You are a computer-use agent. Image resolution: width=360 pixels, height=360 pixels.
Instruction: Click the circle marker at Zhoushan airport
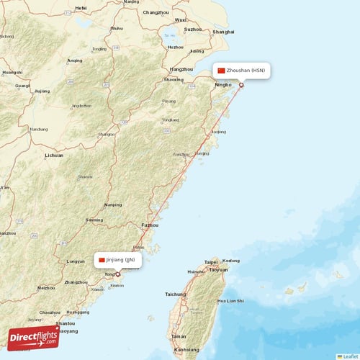241,85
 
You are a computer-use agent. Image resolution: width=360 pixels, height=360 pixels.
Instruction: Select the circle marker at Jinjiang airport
118,274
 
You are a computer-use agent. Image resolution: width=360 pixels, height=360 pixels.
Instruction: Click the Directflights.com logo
34,336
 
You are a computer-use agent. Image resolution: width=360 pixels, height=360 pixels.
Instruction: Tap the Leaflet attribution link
348,356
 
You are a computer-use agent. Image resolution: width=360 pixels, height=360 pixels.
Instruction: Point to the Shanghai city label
223,32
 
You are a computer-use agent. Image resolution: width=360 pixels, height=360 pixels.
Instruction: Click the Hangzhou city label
181,69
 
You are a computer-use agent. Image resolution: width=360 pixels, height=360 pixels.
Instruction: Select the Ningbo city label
223,85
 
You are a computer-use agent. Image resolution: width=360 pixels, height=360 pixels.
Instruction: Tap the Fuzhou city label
150,225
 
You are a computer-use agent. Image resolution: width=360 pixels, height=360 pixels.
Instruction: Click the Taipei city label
211,262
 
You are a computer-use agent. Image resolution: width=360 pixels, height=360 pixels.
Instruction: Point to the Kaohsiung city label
187,349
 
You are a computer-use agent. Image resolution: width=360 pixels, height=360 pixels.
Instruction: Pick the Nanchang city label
39,130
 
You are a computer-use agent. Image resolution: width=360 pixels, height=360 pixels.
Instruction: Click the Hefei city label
81,7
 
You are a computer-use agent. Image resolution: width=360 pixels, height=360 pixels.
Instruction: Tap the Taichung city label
175,294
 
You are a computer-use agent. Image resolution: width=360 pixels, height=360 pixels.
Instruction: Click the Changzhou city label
156,13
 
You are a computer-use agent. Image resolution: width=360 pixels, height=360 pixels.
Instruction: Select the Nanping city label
113,204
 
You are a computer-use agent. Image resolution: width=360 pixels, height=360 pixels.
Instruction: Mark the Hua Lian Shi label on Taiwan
230,300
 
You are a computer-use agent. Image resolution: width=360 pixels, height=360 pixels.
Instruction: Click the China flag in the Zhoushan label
221,71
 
